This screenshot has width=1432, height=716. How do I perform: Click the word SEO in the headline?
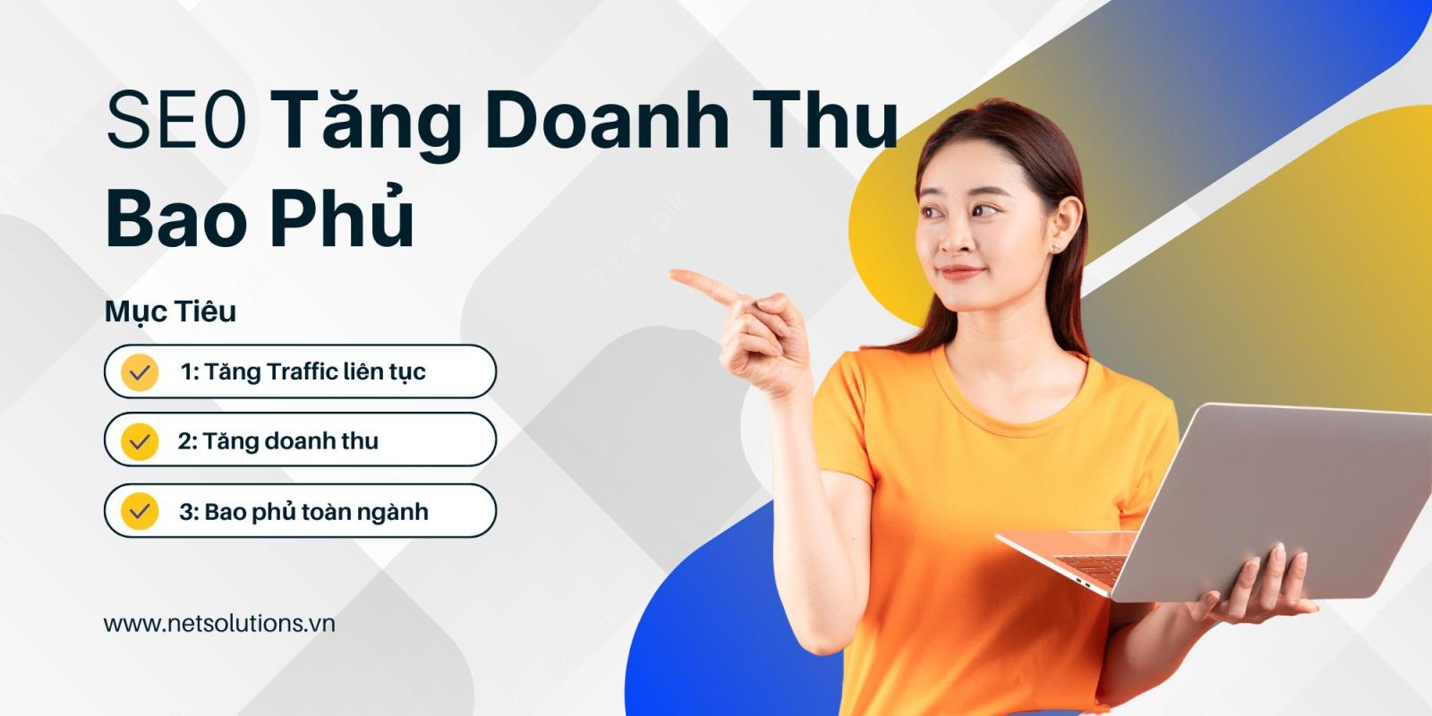point(176,120)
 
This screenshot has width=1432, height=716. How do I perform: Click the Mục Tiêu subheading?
point(171,312)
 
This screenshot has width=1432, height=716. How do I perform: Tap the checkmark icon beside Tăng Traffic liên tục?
point(140,372)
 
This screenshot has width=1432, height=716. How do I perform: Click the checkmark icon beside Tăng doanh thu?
point(140,441)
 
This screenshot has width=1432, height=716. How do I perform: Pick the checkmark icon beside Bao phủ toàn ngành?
point(140,511)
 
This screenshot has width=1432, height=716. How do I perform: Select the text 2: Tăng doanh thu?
point(278,441)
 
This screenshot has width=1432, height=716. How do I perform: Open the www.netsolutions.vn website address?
point(219,623)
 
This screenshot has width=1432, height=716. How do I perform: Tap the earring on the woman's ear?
point(1055,247)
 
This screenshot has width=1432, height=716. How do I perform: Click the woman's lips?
point(960,272)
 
